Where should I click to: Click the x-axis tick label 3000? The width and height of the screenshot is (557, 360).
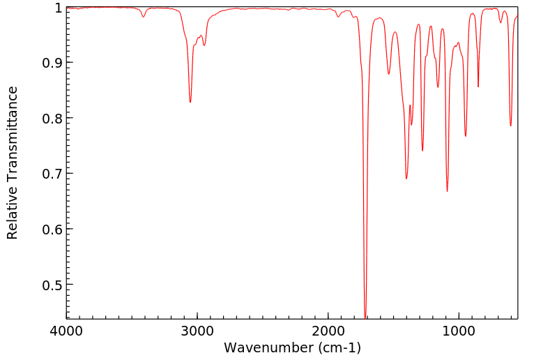point(197,331)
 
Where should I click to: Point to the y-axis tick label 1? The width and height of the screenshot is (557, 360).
point(58,8)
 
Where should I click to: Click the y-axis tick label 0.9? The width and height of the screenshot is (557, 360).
point(52,63)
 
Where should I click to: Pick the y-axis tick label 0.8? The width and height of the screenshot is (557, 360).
point(52,118)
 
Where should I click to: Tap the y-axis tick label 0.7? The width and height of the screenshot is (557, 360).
point(52,174)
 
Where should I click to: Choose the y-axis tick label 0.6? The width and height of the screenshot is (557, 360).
point(52,229)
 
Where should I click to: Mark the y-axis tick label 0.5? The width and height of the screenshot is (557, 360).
point(52,285)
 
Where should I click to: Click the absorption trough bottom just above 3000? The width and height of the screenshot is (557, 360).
point(190,103)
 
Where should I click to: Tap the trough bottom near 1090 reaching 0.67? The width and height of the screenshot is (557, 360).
point(448,191)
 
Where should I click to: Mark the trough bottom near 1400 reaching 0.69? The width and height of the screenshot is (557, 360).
point(406,179)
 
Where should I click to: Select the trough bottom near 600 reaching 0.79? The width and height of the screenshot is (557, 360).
point(510,126)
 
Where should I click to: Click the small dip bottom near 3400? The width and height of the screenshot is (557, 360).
point(144,17)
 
